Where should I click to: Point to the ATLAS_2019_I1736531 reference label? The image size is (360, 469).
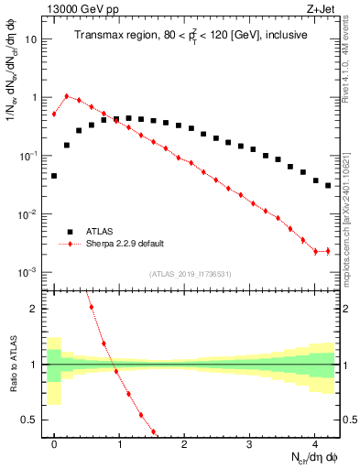(x=191, y=274)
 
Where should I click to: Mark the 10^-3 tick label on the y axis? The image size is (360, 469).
(x=29, y=273)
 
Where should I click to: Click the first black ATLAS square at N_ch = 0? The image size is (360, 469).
(x=54, y=175)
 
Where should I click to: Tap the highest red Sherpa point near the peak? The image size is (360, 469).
(x=66, y=95)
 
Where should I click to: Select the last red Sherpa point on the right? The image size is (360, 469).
(x=327, y=251)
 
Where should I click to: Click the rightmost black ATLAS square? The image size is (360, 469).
(x=327, y=185)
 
